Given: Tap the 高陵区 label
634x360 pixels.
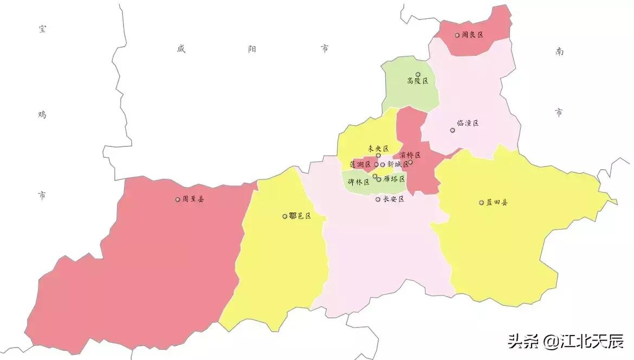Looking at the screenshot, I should pyautogui.click(x=418, y=81).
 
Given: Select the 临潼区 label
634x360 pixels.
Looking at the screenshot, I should pyautogui.click(x=468, y=123).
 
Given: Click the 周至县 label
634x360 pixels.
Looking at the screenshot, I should pyautogui.click(x=193, y=200).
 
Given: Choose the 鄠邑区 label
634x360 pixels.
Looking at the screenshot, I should pyautogui.click(x=300, y=216).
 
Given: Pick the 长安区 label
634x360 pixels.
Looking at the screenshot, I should pyautogui.click(x=394, y=200).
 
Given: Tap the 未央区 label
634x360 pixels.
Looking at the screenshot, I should pyautogui.click(x=378, y=148).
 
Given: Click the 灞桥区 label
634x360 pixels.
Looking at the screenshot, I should pyautogui.click(x=410, y=155).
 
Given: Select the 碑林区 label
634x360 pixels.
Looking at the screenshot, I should pyautogui.click(x=358, y=182).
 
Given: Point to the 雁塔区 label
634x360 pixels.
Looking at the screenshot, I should pyautogui.click(x=394, y=178).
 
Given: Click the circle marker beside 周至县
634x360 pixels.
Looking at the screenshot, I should pyautogui.click(x=178, y=200).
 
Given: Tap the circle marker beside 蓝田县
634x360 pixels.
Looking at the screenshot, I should pyautogui.click(x=481, y=203).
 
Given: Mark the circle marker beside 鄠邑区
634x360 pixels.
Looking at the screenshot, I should pyautogui.click(x=285, y=216).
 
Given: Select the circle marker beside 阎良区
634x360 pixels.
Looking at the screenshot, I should pyautogui.click(x=457, y=35).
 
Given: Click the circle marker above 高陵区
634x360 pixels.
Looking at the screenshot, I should pyautogui.click(x=418, y=74).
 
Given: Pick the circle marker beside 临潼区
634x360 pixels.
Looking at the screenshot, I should pyautogui.click(x=452, y=130).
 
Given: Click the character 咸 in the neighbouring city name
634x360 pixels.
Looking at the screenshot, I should pyautogui.click(x=181, y=49).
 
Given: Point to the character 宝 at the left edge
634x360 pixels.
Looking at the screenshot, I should pyautogui.click(x=42, y=29).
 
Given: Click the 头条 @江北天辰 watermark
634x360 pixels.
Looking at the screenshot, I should pyautogui.click(x=565, y=342).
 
